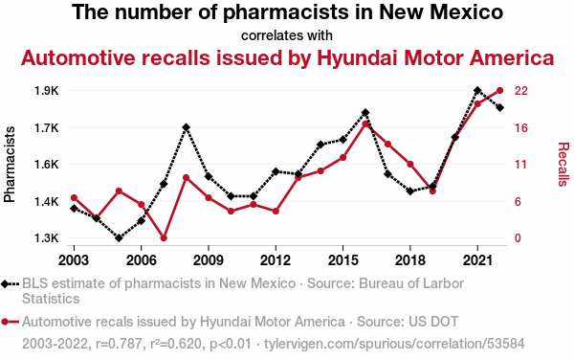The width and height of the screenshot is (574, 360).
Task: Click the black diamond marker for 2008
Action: tap(186, 127)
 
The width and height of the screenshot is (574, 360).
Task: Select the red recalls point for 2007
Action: tap(164, 238)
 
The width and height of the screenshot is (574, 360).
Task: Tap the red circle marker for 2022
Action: tap(500, 90)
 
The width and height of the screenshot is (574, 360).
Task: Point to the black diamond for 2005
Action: tap(119, 238)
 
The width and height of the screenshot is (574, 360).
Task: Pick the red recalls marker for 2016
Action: tap(365, 124)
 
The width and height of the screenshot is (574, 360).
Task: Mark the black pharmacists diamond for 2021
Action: tap(477, 90)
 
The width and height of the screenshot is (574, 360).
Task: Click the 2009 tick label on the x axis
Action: tap(209, 260)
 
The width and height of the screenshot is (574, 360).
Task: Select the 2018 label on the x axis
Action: tap(410, 260)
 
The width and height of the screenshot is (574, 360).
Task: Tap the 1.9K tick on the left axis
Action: tap(47, 91)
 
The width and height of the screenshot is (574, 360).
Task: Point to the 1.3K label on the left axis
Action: tap(47, 238)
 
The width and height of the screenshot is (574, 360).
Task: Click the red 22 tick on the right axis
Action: tap(521, 91)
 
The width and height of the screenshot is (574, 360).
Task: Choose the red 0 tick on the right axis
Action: tap(518, 238)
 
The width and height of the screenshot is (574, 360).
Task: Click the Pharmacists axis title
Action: tap(10, 165)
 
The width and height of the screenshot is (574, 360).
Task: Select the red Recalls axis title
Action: tap(563, 165)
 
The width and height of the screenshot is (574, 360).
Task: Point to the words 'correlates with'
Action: tap(287, 35)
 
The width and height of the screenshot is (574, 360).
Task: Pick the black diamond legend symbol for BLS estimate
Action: tap(5, 283)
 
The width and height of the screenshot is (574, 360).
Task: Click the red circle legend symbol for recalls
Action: tap(5, 322)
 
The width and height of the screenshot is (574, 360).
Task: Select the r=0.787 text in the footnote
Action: tap(119, 344)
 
